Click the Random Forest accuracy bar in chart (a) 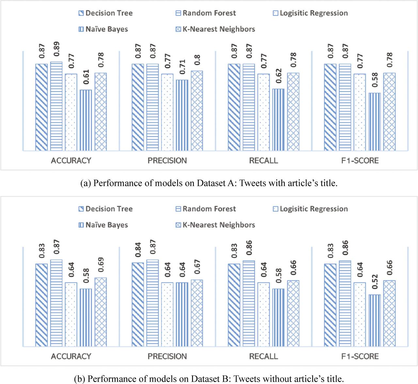click(56, 106)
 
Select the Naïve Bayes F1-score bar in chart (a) click(375, 122)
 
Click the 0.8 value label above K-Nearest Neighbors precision click(197, 60)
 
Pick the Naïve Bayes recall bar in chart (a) click(279, 120)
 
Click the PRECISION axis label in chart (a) click(167, 161)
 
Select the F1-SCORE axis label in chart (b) click(360, 356)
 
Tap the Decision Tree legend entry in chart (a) click(105, 13)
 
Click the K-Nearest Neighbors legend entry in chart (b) click(215, 225)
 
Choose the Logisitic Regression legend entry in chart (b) click(310, 209)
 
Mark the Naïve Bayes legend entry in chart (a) click(103, 29)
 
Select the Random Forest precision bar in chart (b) click(153, 303)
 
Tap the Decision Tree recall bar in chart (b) click(234, 305)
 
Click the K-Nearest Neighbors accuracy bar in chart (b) click(101, 312)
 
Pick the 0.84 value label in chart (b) click(138, 250)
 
